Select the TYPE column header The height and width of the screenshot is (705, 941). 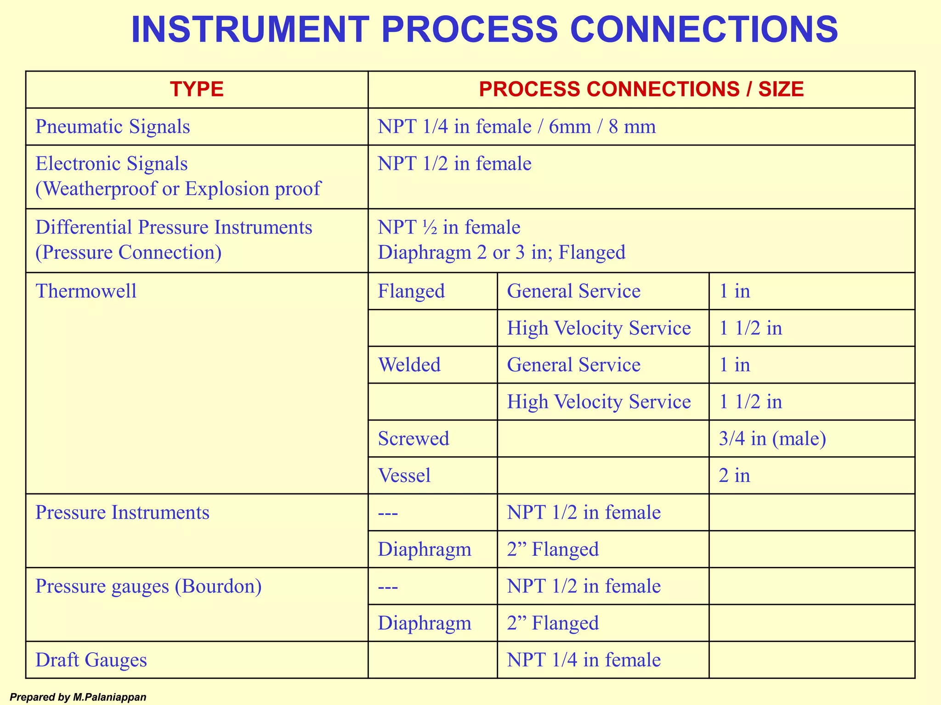point(197,89)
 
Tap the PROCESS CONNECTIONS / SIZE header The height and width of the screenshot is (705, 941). point(641,89)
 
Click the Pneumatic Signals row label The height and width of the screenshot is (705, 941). point(113,127)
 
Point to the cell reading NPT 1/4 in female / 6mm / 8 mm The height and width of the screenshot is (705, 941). point(516,127)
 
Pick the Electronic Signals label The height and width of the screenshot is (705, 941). point(112,164)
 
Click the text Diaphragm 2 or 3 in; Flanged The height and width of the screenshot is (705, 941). point(501,252)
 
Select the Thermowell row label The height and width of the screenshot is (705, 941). point(86,291)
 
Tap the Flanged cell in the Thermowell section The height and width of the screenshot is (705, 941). point(411,291)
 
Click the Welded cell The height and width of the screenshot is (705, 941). point(409,365)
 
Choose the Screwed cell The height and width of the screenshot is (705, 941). point(413,439)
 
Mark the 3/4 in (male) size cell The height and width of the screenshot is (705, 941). point(772,439)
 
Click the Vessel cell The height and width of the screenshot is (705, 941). point(404,476)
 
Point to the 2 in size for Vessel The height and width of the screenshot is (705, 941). point(734,476)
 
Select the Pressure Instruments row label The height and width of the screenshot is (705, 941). point(122,512)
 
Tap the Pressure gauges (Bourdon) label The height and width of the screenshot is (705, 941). point(148,586)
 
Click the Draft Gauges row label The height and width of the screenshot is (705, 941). point(91,660)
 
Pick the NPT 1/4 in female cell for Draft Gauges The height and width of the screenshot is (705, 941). point(584,660)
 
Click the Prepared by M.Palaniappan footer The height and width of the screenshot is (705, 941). point(78,697)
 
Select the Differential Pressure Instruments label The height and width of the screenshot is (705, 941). point(174,228)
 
